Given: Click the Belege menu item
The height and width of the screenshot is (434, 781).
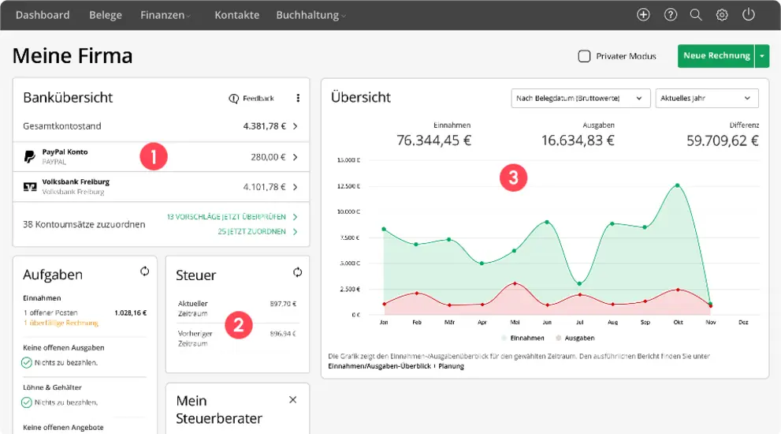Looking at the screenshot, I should (x=105, y=15).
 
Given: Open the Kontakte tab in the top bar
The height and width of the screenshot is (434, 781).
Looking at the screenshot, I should (x=236, y=15).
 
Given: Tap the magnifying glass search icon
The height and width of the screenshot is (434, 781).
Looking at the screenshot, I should (x=696, y=15).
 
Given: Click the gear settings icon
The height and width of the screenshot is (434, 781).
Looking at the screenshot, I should (x=722, y=15).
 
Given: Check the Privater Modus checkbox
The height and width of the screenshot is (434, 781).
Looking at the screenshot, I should (x=584, y=56).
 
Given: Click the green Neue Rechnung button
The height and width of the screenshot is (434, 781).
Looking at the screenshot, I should (x=716, y=56).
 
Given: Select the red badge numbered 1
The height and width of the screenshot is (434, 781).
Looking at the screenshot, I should (x=154, y=156).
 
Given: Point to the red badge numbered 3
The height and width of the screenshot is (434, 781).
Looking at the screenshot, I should (x=514, y=178).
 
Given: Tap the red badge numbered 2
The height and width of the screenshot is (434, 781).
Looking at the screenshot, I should (x=239, y=325).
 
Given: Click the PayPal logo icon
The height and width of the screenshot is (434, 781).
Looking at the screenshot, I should (x=30, y=156).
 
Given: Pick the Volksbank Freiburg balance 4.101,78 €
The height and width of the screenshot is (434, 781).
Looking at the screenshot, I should (x=264, y=187).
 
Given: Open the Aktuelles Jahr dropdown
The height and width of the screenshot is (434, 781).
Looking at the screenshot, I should (x=706, y=98).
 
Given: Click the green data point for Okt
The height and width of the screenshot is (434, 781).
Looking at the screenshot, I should (x=677, y=185).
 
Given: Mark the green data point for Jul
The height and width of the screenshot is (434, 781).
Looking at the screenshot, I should (x=579, y=284).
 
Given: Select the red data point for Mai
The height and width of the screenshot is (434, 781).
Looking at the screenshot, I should (x=514, y=283).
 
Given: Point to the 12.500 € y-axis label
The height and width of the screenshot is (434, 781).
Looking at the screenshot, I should (x=348, y=187).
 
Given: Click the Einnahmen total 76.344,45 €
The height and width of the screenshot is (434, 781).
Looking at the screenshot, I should (x=433, y=140).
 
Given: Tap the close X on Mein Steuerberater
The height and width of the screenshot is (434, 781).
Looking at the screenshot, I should (x=293, y=400).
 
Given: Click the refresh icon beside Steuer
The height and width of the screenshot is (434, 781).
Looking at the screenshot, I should (x=297, y=272).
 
